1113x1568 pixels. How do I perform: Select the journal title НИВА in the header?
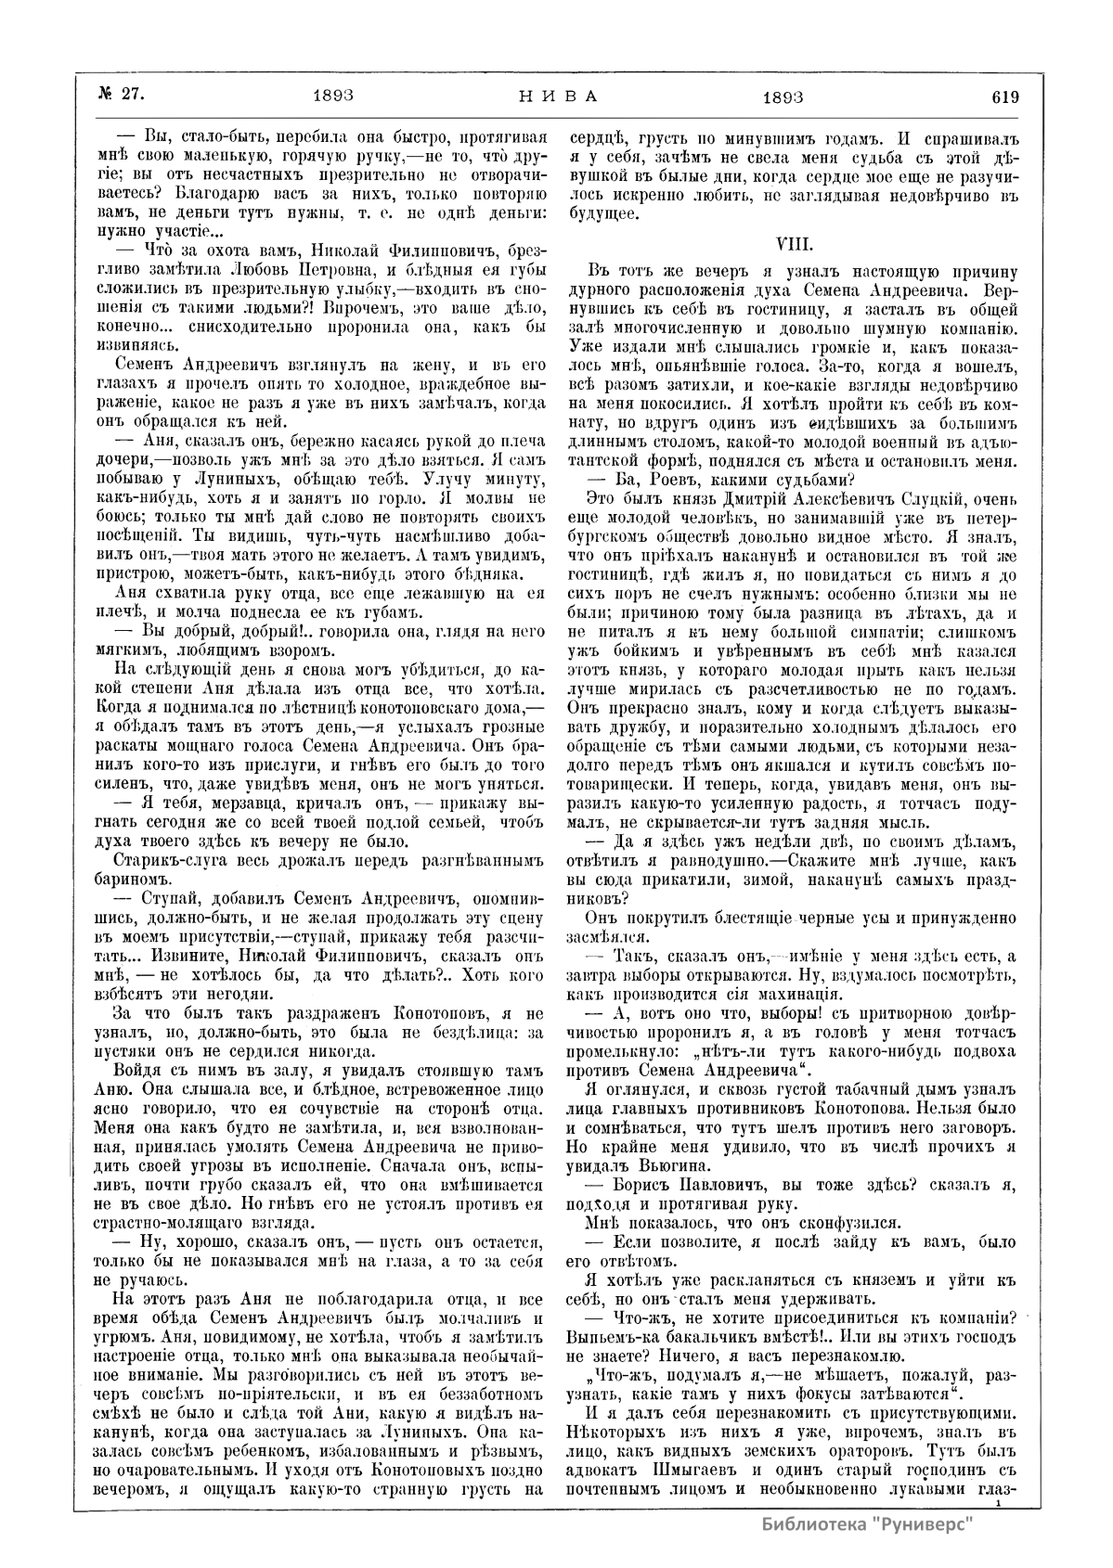557,96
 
